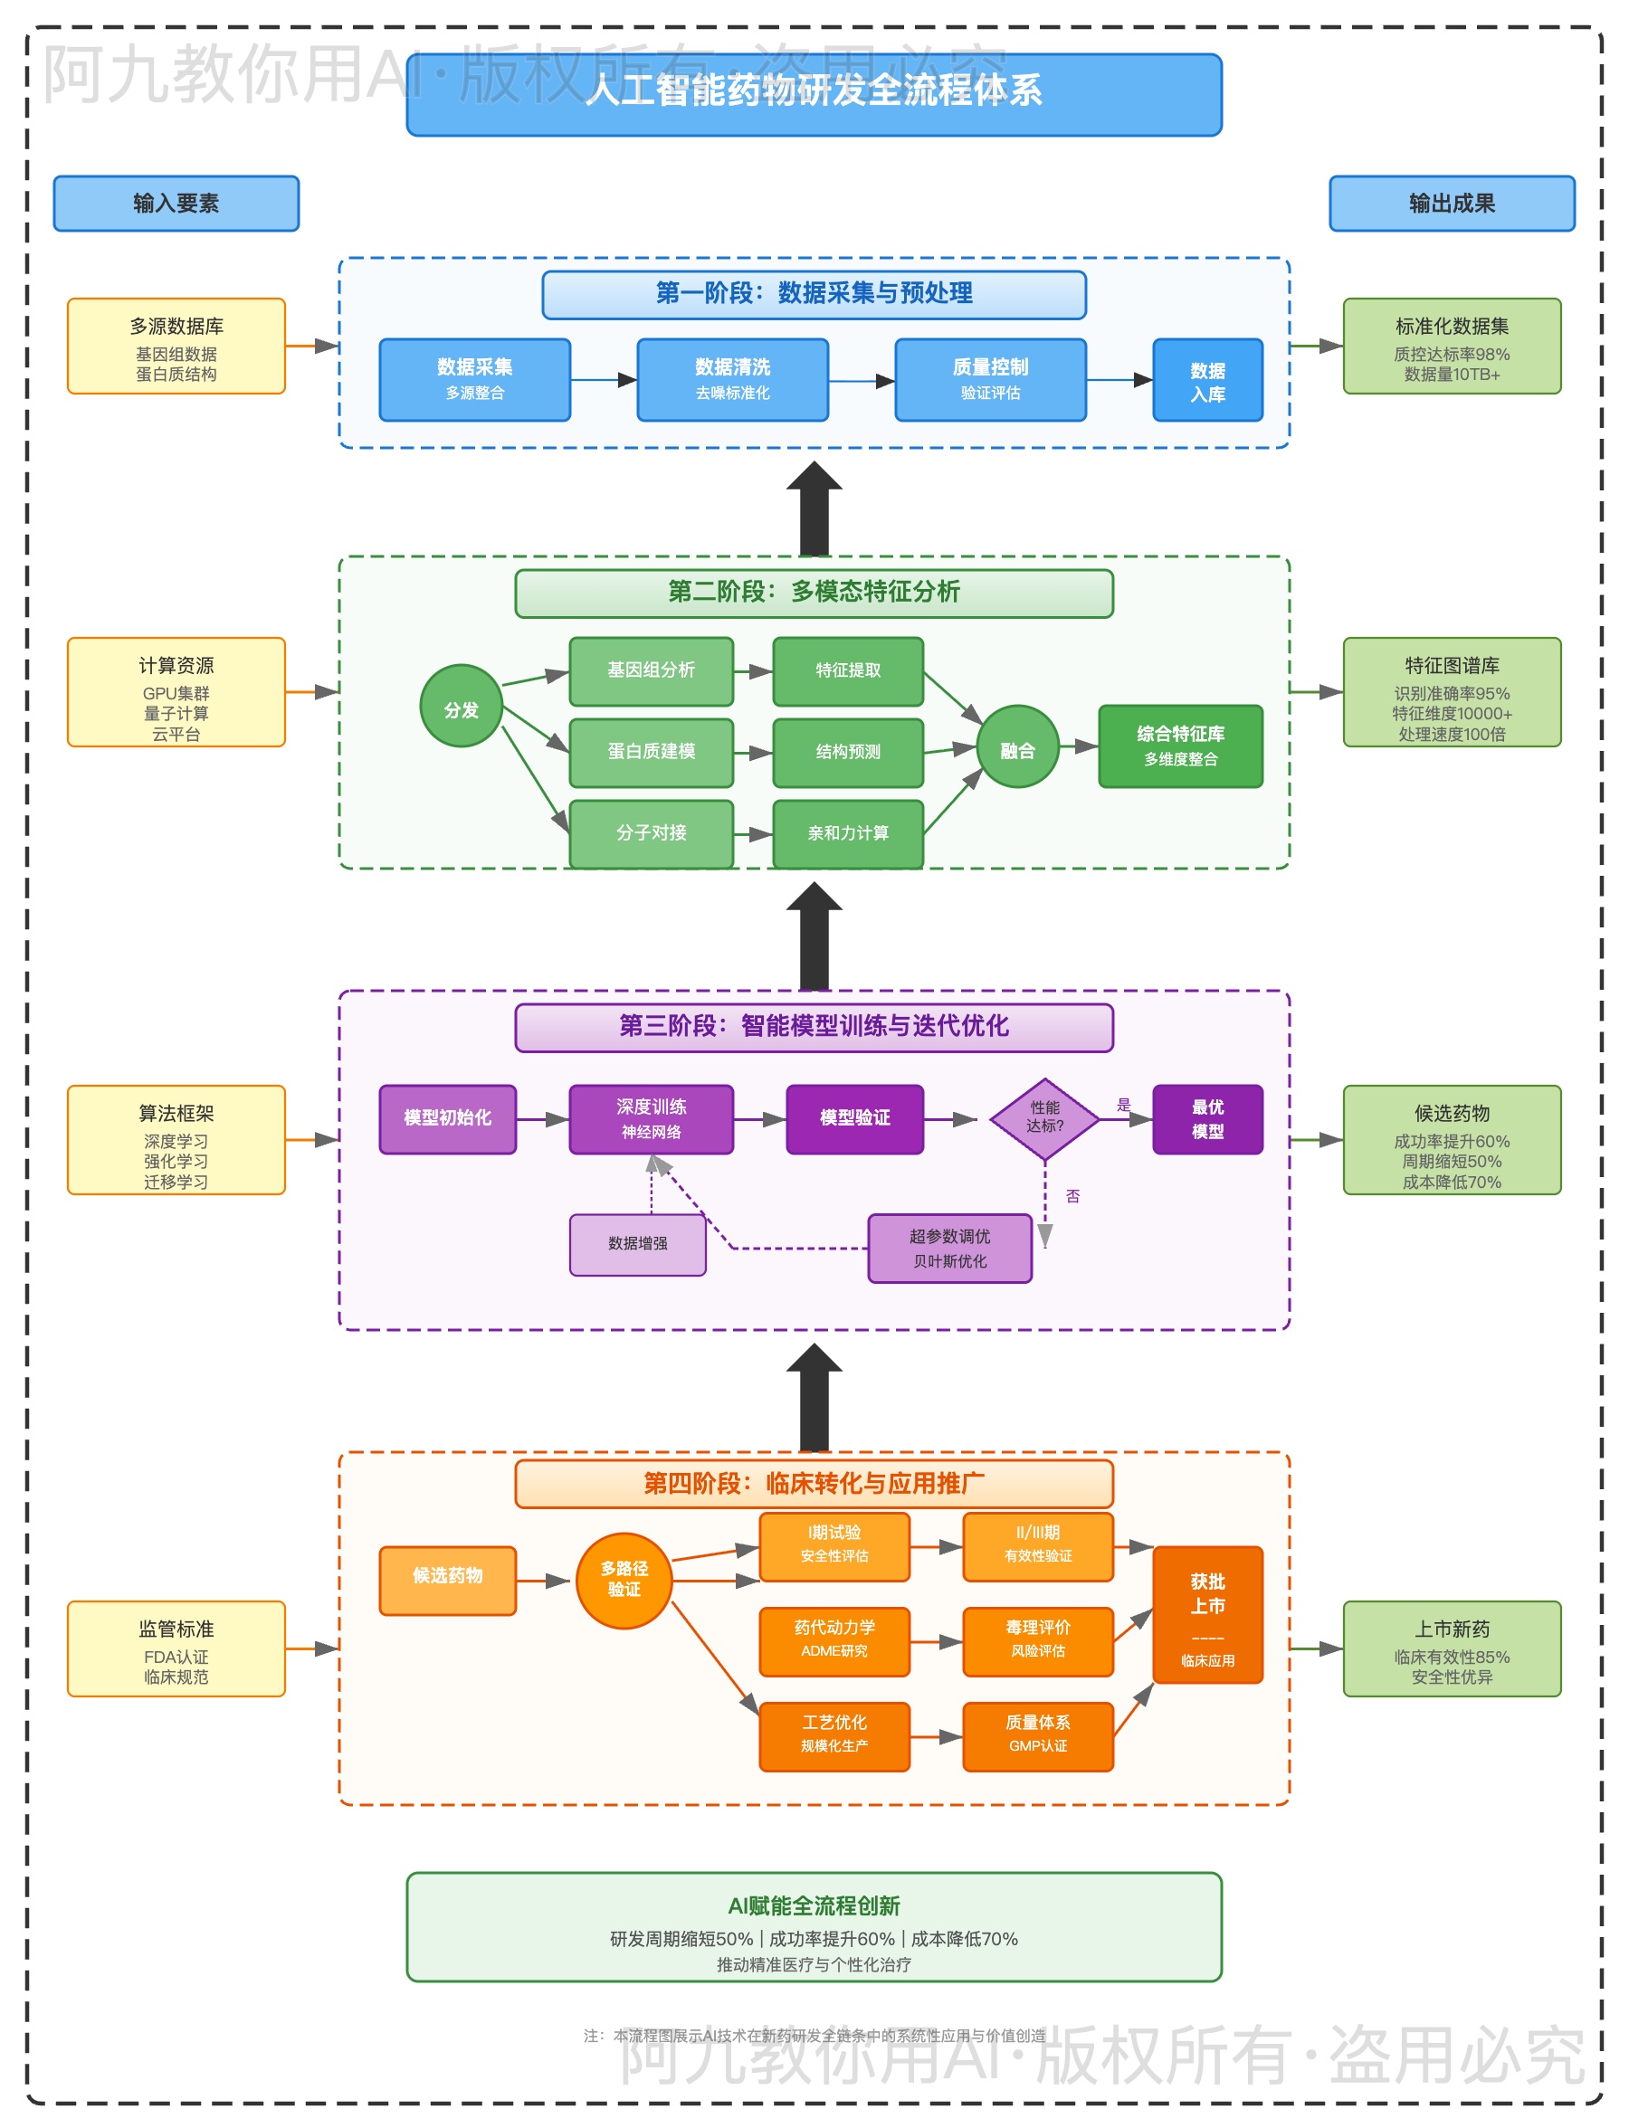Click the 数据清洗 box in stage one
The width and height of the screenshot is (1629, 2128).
pos(732,379)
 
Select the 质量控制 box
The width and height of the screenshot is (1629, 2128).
pos(990,379)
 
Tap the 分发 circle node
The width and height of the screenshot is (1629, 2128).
pos(461,706)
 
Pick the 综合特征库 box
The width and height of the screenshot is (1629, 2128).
pos(1180,746)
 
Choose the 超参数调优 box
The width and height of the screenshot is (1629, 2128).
pos(949,1248)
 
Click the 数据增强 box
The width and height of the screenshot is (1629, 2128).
pos(637,1244)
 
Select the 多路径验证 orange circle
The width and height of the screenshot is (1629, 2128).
pos(624,1581)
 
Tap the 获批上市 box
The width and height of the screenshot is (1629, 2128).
pos(1207,1614)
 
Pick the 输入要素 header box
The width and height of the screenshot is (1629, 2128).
pos(176,203)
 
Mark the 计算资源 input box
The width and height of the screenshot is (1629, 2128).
pos(176,691)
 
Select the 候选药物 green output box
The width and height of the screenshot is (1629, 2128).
pos(1452,1139)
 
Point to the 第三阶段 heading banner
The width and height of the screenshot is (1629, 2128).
pos(814,1027)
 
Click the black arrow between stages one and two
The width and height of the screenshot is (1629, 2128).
pos(814,509)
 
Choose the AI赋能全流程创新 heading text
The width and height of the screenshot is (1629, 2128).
pos(814,1905)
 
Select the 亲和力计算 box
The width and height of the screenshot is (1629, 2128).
pos(847,832)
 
